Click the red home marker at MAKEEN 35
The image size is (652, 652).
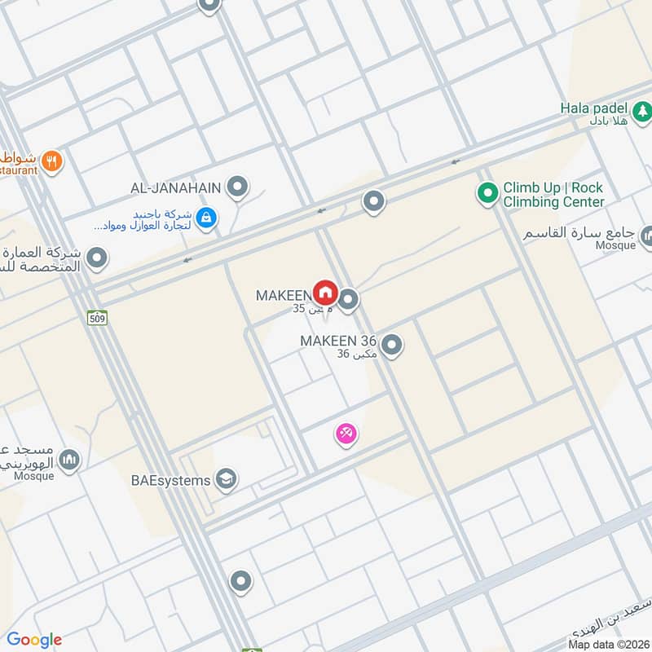tap(325, 293)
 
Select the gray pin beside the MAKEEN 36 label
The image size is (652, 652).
tap(392, 346)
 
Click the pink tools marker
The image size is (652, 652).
tap(346, 434)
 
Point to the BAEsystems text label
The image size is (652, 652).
tap(170, 480)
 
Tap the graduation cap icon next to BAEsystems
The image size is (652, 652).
tap(227, 479)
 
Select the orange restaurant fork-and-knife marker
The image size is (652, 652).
tap(52, 161)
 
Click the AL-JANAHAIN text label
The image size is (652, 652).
tap(175, 188)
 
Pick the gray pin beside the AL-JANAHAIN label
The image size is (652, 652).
tap(237, 187)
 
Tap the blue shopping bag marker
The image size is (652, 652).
tap(206, 218)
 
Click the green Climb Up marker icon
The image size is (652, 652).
tap(487, 193)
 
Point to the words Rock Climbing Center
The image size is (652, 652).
tap(553, 202)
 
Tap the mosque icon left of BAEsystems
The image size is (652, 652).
tap(70, 460)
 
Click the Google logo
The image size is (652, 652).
tap(33, 640)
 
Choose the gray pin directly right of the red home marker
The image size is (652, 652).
tap(349, 301)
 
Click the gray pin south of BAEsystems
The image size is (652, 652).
tap(240, 581)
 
